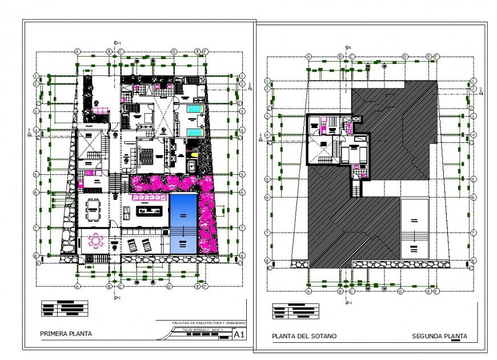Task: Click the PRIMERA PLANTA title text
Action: (66, 333)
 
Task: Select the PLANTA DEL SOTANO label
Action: (304, 336)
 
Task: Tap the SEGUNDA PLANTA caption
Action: (439, 336)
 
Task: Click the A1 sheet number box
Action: (240, 334)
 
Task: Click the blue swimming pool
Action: (183, 223)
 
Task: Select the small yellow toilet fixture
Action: (193, 153)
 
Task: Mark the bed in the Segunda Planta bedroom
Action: (352, 153)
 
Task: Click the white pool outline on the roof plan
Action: (415, 228)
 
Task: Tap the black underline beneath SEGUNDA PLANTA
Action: (455, 341)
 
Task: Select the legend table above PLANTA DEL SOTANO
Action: (295, 311)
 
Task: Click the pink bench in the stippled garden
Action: (100, 110)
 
